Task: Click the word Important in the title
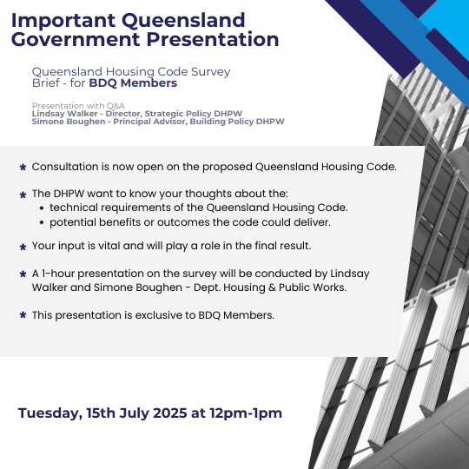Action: coord(63,21)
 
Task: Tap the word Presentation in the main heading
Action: coord(213,40)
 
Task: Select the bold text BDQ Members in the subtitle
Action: coord(133,83)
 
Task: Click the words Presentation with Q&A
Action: coord(78,106)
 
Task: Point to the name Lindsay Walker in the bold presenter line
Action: coord(65,114)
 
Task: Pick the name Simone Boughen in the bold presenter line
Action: coord(69,122)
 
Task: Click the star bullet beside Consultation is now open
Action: coord(23,168)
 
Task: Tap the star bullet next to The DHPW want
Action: coord(23,195)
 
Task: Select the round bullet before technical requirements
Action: coord(42,208)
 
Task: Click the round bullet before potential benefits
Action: coord(42,223)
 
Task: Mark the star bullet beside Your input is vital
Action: coord(23,247)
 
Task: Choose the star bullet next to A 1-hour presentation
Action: coord(23,274)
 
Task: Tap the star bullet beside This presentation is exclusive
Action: coord(23,315)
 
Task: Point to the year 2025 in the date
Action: coord(170,413)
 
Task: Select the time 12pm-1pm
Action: coord(246,413)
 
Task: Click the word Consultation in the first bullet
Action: coord(65,167)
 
